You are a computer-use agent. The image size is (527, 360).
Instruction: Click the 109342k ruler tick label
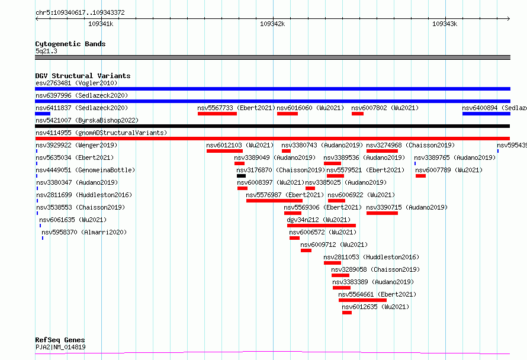click(272, 24)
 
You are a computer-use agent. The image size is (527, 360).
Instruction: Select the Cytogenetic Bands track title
click(70, 44)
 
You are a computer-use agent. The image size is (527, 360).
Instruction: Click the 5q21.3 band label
click(46, 52)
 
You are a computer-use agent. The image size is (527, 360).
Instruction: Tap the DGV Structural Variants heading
click(82, 76)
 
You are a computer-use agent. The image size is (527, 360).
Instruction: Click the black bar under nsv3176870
click(241, 176)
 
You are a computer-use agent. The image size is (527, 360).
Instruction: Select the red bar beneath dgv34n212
click(322, 226)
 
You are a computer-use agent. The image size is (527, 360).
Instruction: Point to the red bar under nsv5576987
click(274, 201)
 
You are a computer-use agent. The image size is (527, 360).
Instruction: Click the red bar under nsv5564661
click(362, 300)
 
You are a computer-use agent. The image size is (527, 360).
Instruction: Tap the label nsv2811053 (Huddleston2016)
click(371, 257)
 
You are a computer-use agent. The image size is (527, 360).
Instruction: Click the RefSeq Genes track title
click(60, 340)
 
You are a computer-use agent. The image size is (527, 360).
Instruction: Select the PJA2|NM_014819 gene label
click(60, 348)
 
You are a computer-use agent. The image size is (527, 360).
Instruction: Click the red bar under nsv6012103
click(224, 151)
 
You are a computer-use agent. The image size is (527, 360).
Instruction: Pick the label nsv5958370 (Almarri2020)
click(84, 232)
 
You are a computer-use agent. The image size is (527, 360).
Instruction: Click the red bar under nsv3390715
click(382, 213)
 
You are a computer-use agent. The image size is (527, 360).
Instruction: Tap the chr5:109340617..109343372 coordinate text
click(80, 12)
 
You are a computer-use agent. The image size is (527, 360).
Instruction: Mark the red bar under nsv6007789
click(420, 176)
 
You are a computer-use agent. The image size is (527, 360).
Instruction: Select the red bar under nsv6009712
click(306, 250)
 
